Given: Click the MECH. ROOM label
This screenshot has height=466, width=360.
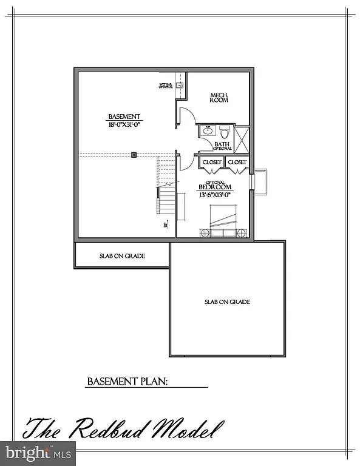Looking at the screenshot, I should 219,98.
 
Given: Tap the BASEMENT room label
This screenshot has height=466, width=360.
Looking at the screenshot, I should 124,116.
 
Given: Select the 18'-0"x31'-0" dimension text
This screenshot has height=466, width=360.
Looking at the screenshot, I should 124,125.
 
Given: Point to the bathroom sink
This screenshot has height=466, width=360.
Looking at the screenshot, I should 206,130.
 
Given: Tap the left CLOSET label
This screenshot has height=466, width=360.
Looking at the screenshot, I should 212,163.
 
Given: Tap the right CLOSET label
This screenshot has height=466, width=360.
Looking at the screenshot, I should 237,163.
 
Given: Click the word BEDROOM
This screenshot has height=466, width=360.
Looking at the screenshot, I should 216,187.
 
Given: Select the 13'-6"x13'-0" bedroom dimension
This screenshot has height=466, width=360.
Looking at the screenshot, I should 216,195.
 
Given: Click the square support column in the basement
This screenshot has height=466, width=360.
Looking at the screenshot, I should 134,155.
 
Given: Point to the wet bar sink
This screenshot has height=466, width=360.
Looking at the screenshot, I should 180,87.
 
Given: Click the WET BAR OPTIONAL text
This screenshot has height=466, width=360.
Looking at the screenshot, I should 166,86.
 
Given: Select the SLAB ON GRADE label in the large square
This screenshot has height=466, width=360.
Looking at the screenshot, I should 227,302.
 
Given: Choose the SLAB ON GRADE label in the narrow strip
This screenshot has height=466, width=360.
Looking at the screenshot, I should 122,256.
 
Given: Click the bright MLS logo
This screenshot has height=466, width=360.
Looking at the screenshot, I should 38,452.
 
